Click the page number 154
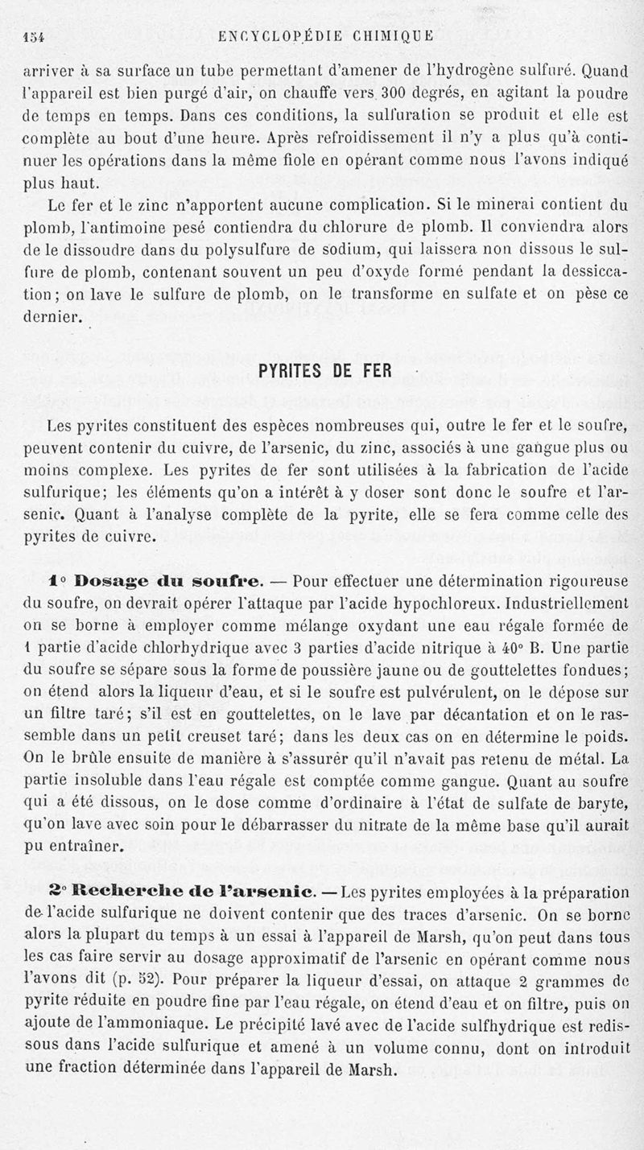coord(33,36)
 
